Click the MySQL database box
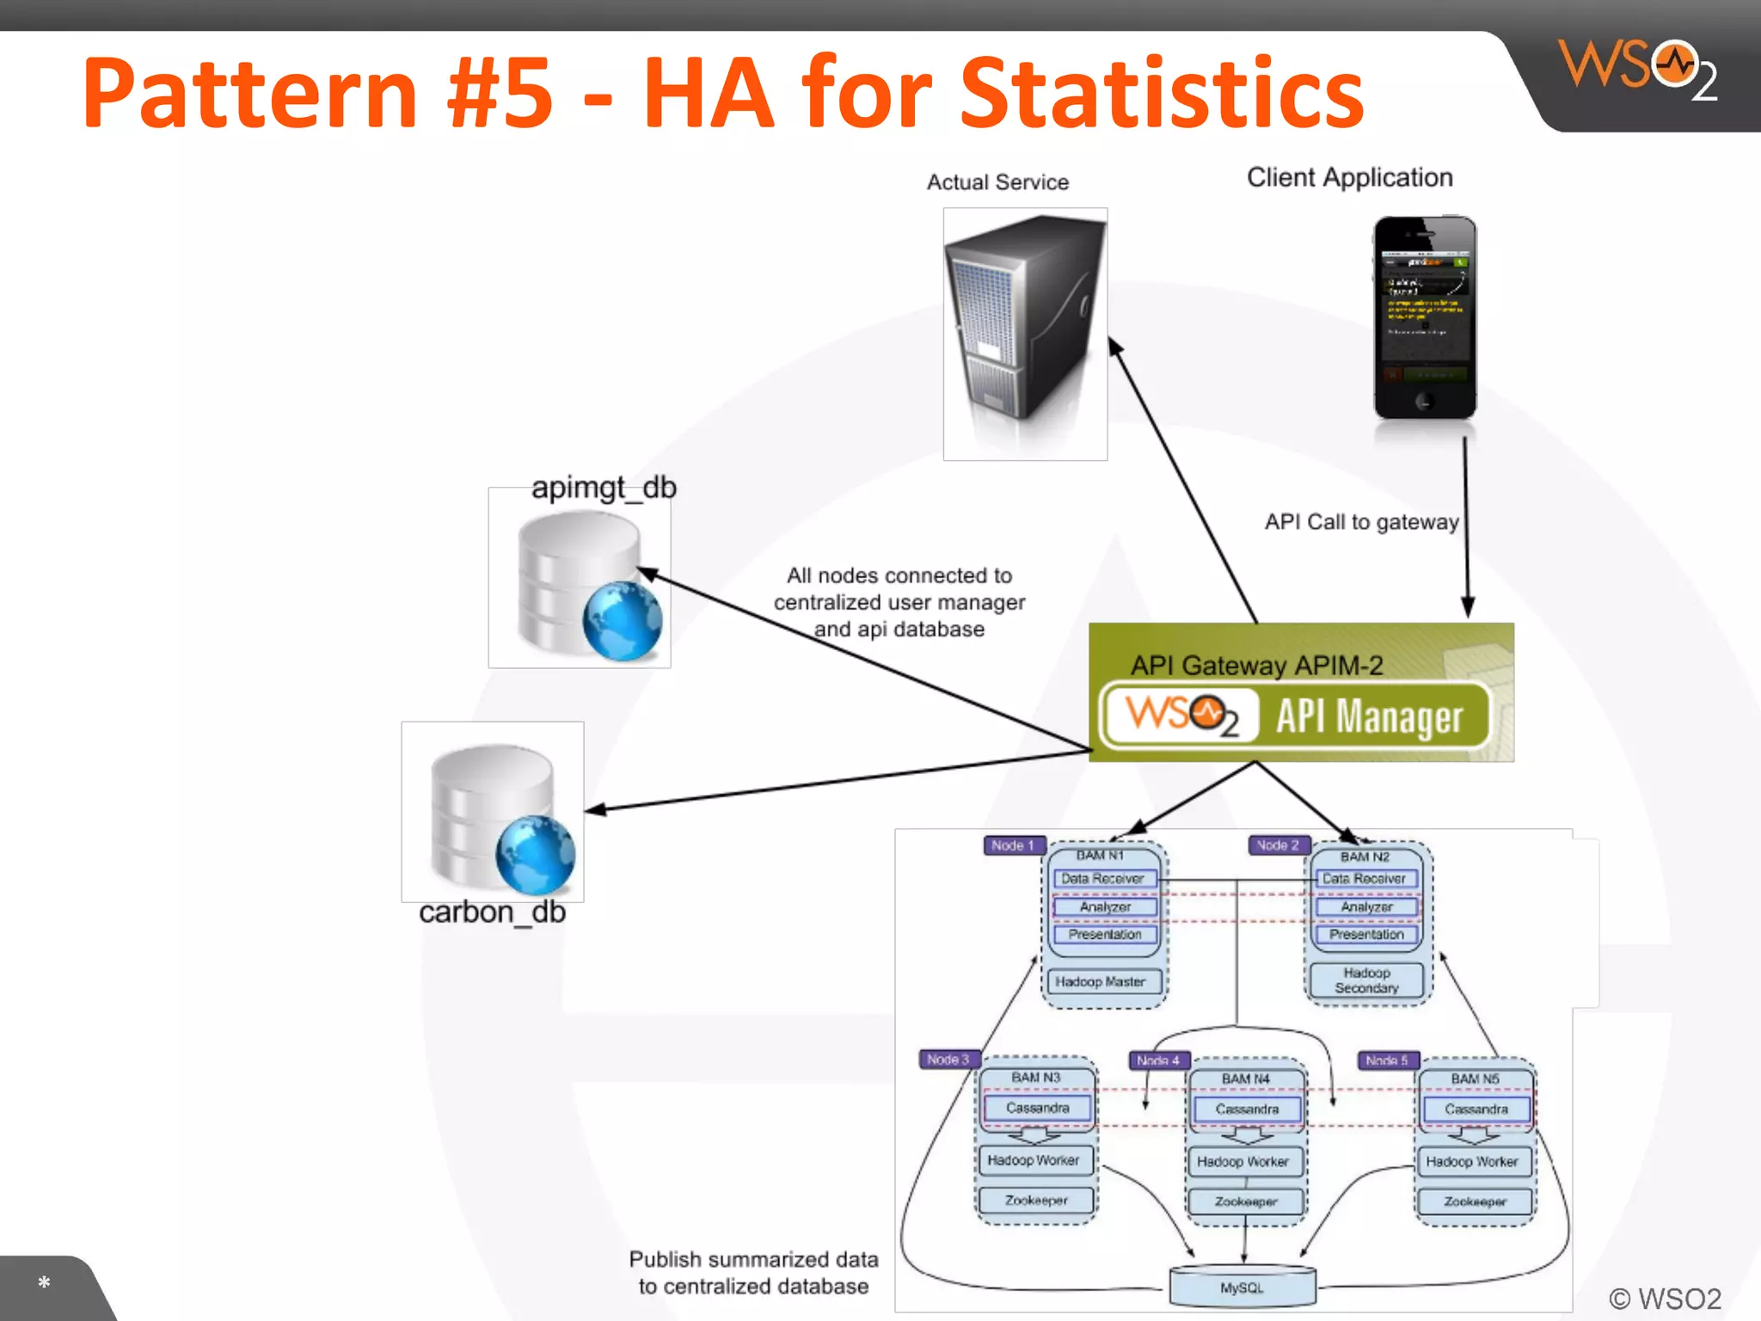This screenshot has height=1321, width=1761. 1243,1287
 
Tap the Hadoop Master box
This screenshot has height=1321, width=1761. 1101,981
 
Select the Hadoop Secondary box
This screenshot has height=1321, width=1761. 1366,980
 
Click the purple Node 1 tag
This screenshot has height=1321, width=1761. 1013,845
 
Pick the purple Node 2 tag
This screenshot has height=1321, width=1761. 1278,845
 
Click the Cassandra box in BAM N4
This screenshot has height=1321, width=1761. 1247,1109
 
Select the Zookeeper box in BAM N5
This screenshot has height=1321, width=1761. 1476,1201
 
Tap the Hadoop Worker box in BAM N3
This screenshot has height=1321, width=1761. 1034,1160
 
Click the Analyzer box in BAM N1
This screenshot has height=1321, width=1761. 1106,907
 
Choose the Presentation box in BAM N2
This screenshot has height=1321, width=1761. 1366,935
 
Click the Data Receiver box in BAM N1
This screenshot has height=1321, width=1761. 1103,879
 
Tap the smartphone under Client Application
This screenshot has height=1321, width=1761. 1425,317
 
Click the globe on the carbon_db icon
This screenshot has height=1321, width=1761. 535,855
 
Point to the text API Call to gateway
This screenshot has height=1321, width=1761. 1362,522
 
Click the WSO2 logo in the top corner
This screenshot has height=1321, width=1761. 1638,69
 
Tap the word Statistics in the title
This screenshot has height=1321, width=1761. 1162,93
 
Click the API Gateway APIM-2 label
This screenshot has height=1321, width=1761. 1257,666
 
